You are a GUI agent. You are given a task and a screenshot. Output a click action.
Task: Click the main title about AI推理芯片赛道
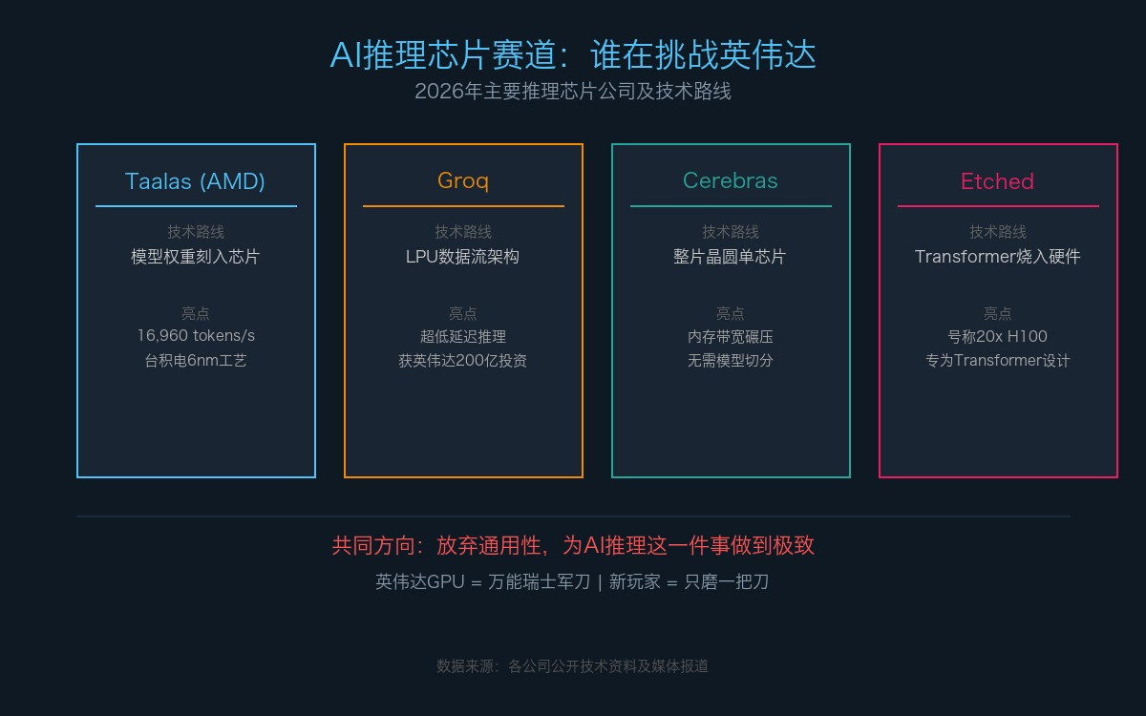tap(573, 54)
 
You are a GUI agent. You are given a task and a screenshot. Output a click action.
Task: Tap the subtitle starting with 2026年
tap(573, 92)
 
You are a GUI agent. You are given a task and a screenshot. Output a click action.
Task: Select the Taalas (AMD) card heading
tap(195, 181)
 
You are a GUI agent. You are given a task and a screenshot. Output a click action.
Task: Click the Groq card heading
tap(463, 181)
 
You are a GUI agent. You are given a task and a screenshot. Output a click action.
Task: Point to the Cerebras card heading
tap(730, 180)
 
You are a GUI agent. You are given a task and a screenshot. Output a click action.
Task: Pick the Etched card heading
tap(998, 181)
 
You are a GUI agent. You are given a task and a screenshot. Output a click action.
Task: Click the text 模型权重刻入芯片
tap(196, 257)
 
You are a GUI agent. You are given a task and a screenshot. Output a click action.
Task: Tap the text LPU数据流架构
tap(462, 257)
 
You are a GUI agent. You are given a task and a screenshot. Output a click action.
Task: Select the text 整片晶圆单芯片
tap(730, 257)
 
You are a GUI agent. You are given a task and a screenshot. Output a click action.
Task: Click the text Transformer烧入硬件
tap(998, 257)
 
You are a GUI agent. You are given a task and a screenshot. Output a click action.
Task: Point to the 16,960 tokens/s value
tap(196, 335)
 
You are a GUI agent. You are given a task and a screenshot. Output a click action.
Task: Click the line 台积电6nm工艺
tap(196, 361)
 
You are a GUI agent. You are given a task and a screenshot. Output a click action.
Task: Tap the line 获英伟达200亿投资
tap(462, 361)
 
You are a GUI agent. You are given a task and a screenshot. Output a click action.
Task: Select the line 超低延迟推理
tap(463, 336)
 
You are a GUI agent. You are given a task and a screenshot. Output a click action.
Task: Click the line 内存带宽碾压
tap(730, 336)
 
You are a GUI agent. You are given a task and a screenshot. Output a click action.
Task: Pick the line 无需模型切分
tap(730, 361)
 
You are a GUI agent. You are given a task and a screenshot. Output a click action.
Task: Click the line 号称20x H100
tap(998, 336)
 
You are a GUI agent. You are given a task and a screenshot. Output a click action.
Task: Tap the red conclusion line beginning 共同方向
tap(573, 546)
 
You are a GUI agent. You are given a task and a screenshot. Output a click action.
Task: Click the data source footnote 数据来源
tap(572, 666)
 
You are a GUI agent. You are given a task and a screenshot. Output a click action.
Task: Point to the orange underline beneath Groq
tap(463, 206)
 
